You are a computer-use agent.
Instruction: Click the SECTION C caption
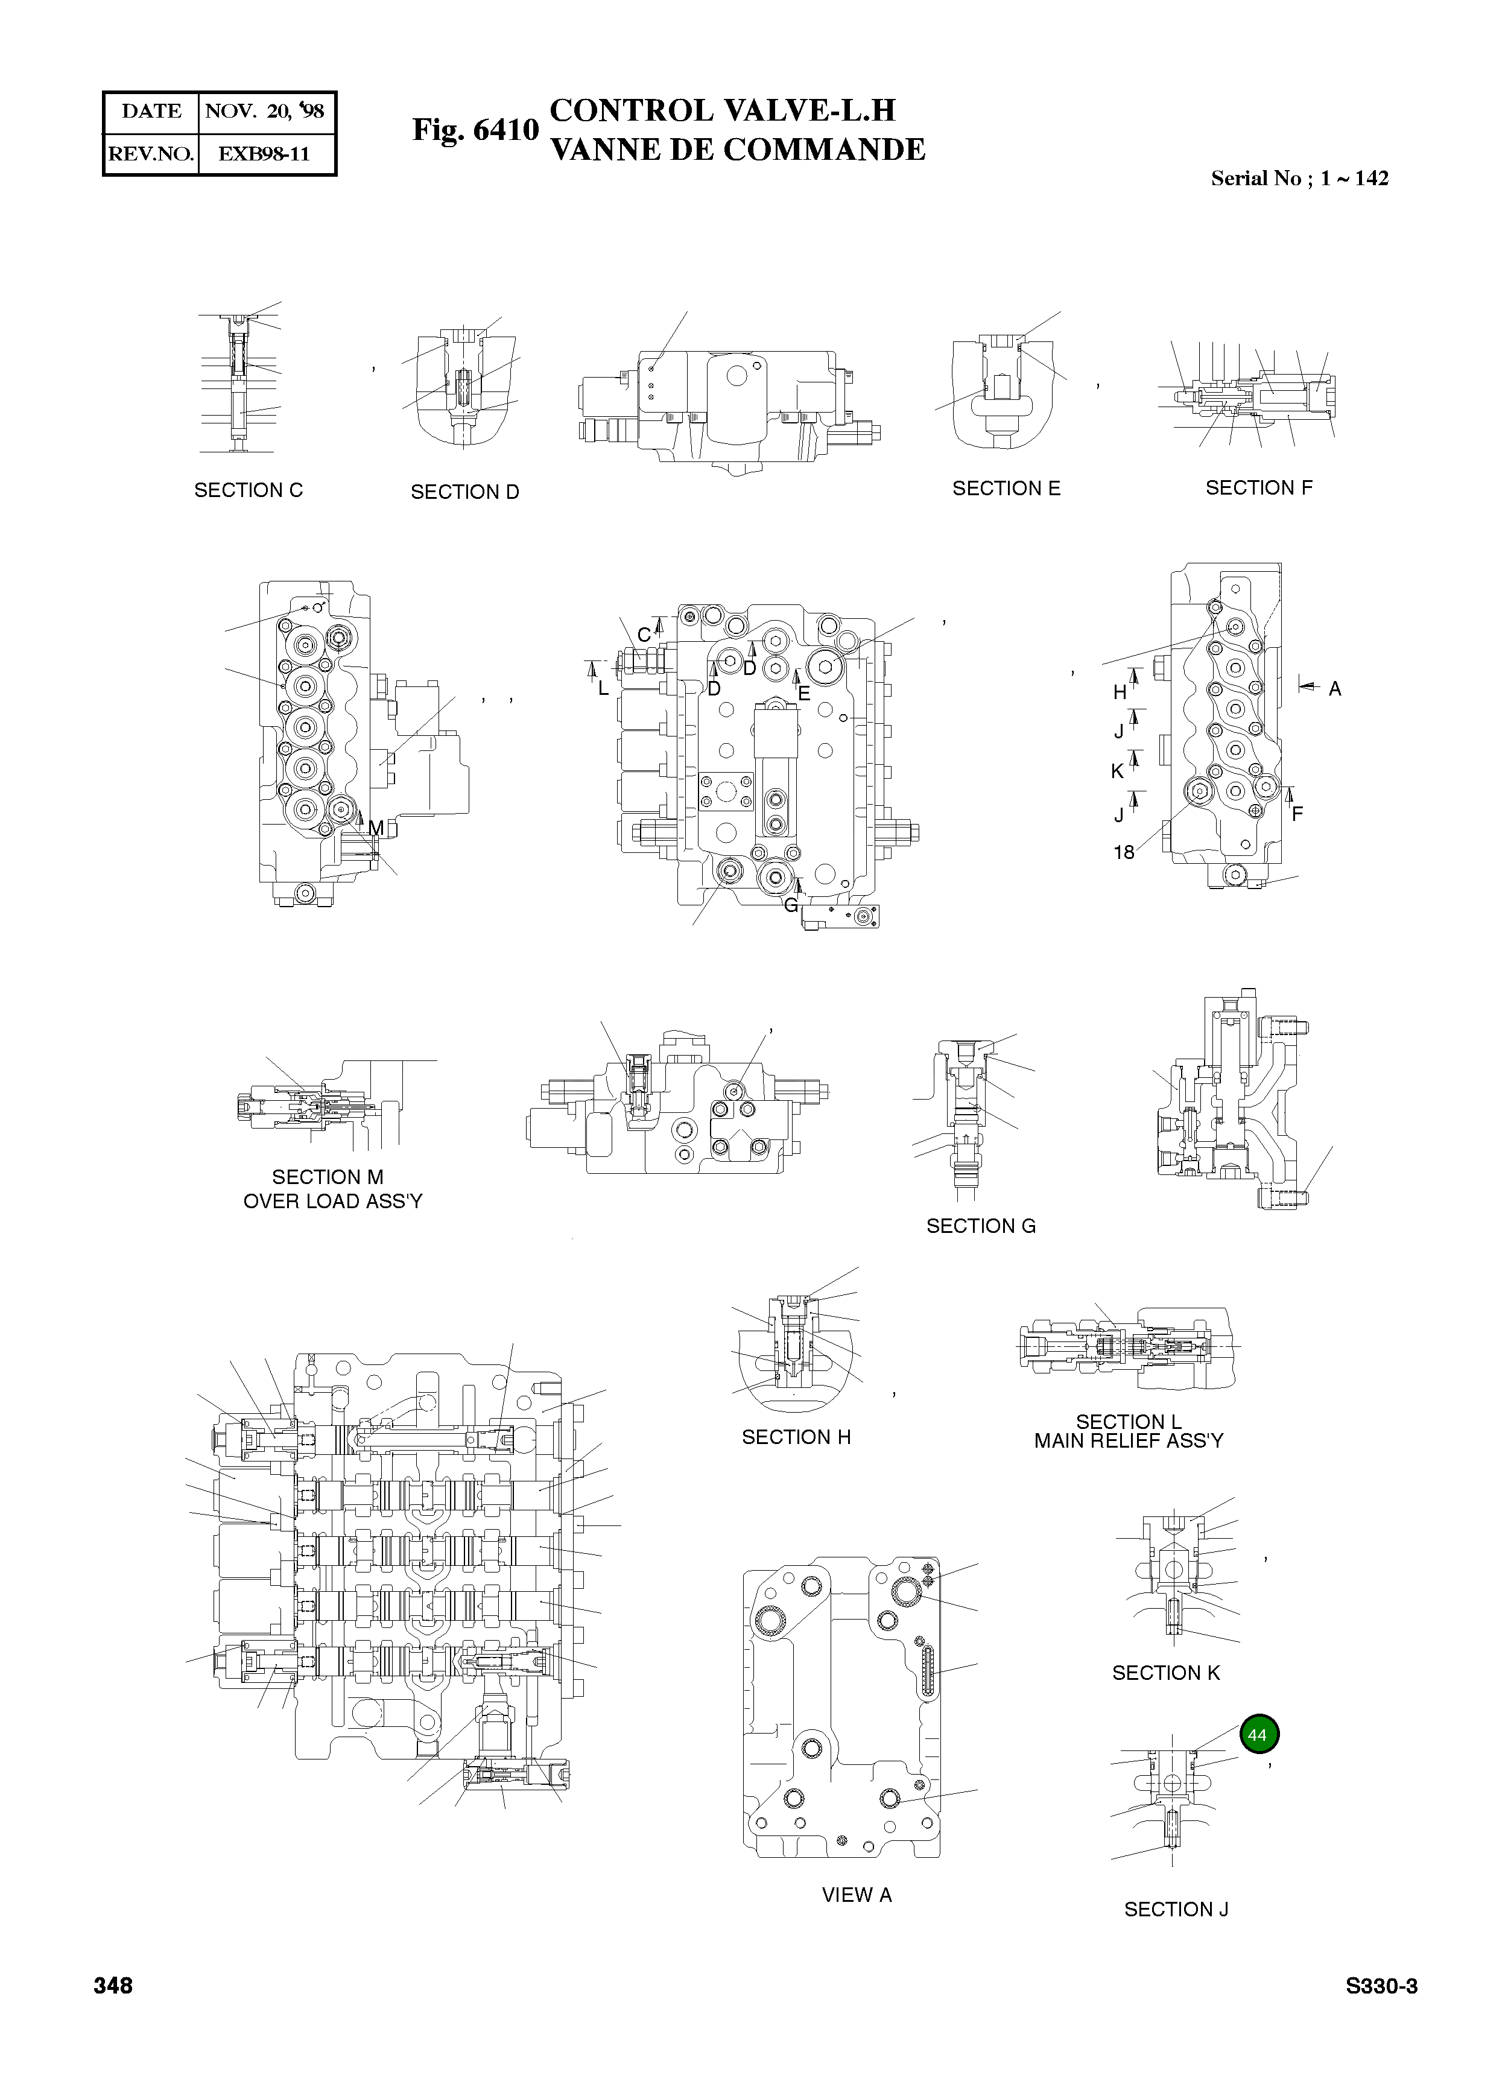248,490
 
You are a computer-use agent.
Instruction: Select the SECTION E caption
1006,488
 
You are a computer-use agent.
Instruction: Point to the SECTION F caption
1258,487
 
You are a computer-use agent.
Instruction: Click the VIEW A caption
857,1894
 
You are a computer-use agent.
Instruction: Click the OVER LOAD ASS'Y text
332,1201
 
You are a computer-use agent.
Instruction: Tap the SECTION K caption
1165,1673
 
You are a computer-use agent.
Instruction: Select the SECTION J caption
1176,1908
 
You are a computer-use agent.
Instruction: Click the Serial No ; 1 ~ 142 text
1299,179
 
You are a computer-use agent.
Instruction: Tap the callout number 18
1123,852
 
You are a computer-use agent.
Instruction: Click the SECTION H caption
796,1436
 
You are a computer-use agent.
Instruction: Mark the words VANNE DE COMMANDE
737,150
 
